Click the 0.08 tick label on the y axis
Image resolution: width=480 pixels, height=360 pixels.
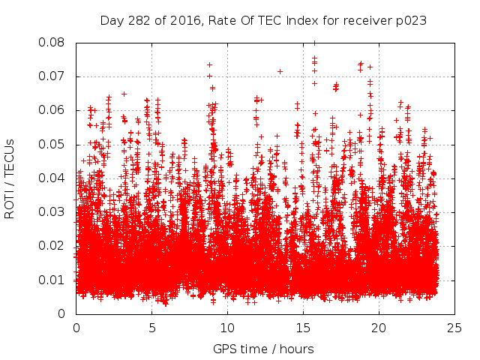(52, 42)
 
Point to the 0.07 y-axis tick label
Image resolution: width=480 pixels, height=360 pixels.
(52, 76)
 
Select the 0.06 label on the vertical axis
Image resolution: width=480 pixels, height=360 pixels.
(52, 110)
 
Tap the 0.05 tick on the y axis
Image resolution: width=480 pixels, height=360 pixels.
(52, 144)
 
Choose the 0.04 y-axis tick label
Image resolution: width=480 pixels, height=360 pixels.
(52, 178)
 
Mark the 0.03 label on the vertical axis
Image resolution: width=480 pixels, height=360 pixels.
(52, 212)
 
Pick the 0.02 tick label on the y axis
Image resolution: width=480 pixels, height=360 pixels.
(52, 246)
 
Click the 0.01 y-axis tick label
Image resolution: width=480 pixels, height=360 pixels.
(52, 280)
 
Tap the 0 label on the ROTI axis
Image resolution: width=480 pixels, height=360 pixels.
(64, 314)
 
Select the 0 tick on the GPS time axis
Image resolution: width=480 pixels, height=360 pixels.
(76, 328)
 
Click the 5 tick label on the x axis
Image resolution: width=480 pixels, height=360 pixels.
(151, 328)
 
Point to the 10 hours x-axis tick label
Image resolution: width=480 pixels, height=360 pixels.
(227, 328)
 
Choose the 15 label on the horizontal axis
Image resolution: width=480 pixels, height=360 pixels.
(303, 328)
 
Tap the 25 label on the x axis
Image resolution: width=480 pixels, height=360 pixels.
(454, 328)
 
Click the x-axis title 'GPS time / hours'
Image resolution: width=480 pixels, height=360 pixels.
(263, 349)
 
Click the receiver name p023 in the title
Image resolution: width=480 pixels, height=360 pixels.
(412, 20)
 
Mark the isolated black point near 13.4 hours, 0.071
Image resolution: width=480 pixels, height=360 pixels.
(280, 71)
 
